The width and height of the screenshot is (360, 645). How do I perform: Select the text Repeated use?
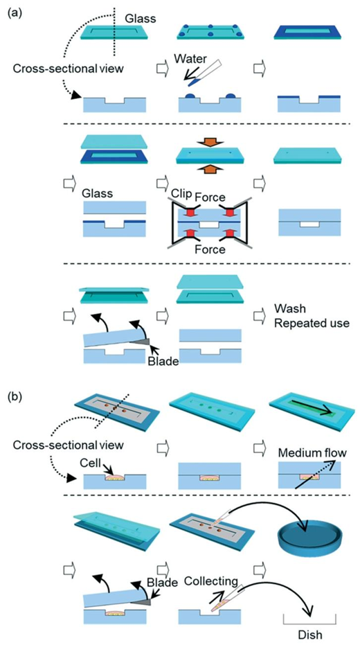coord(311,323)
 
